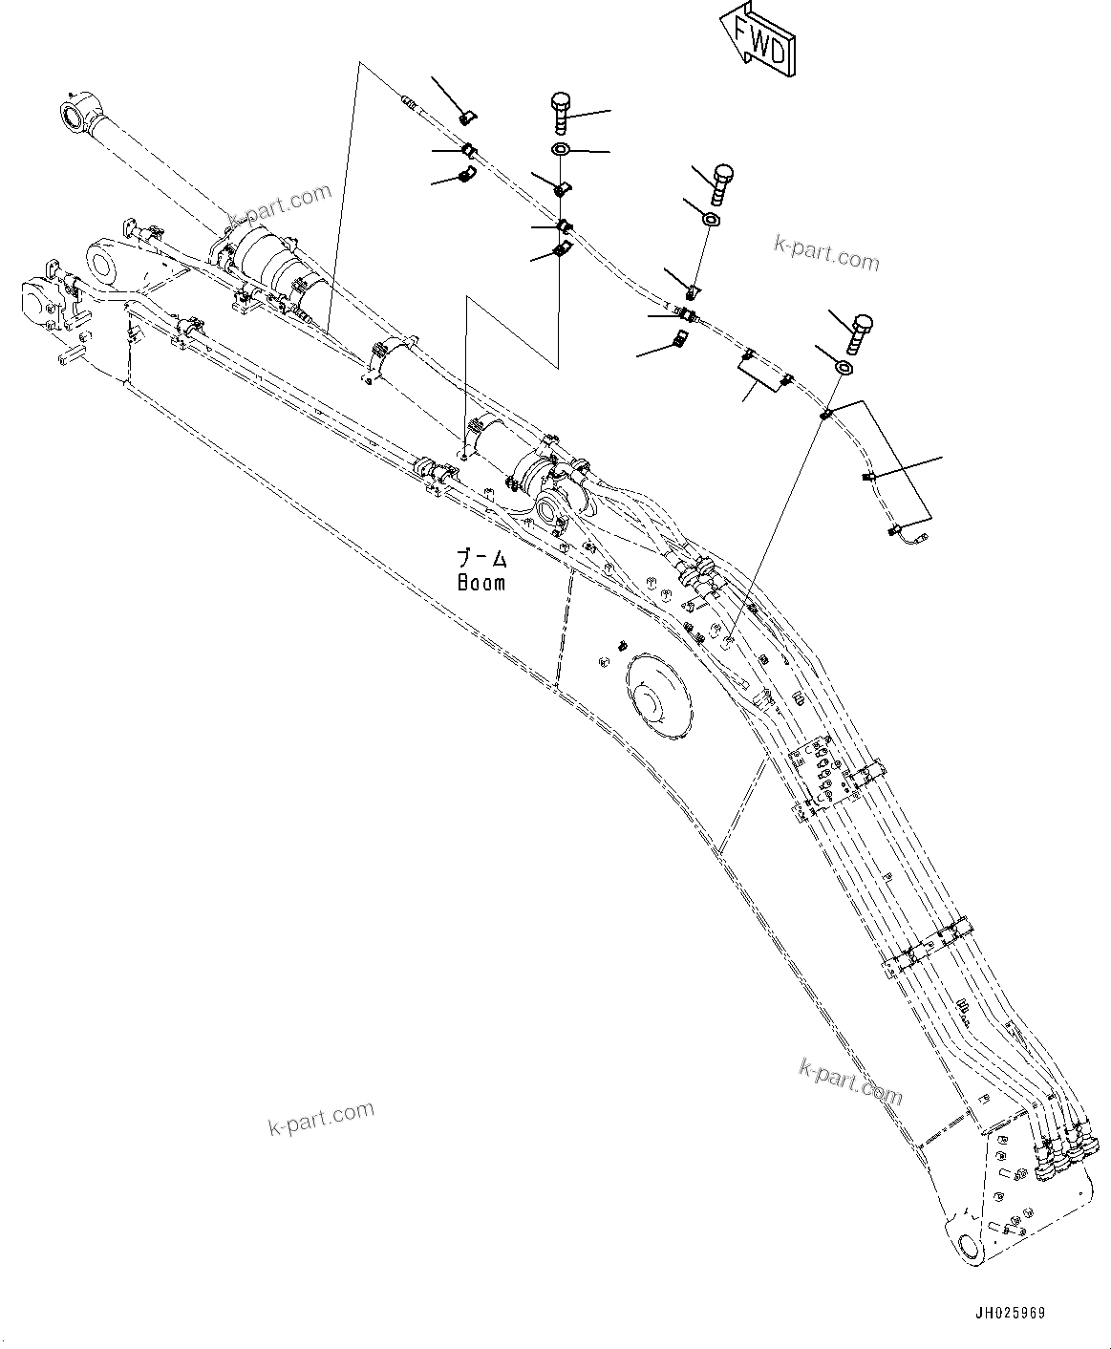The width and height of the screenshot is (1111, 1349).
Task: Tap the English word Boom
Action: [x=481, y=582]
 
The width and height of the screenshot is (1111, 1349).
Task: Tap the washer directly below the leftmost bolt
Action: [x=561, y=149]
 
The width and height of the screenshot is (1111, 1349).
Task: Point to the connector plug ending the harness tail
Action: [x=908, y=539]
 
